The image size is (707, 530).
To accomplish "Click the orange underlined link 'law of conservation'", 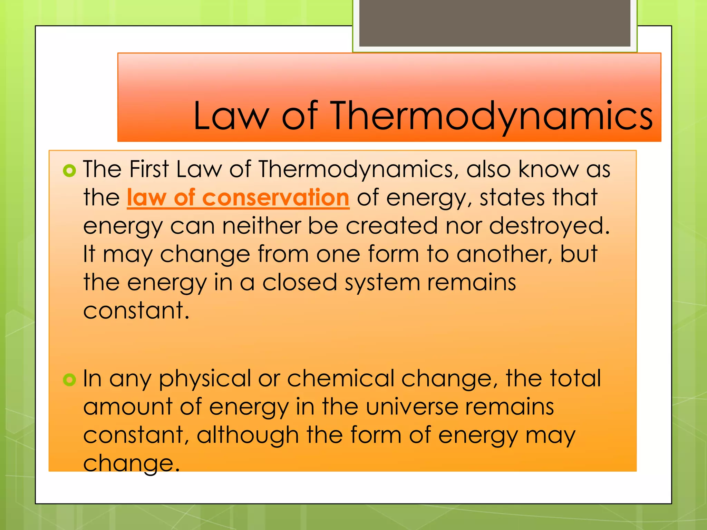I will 238,198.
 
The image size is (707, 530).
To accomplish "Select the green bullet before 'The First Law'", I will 69,171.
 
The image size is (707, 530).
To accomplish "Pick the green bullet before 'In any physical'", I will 69,380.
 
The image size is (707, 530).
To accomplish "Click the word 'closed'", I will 299,282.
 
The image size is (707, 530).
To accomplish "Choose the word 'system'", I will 382,283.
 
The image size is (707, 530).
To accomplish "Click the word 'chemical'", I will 340,379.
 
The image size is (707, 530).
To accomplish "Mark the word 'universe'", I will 411,407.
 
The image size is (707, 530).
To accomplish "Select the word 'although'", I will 248,435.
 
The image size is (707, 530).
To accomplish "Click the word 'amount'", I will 128,407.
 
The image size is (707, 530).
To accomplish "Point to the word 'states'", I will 512,198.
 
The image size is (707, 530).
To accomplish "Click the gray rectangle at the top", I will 495,23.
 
